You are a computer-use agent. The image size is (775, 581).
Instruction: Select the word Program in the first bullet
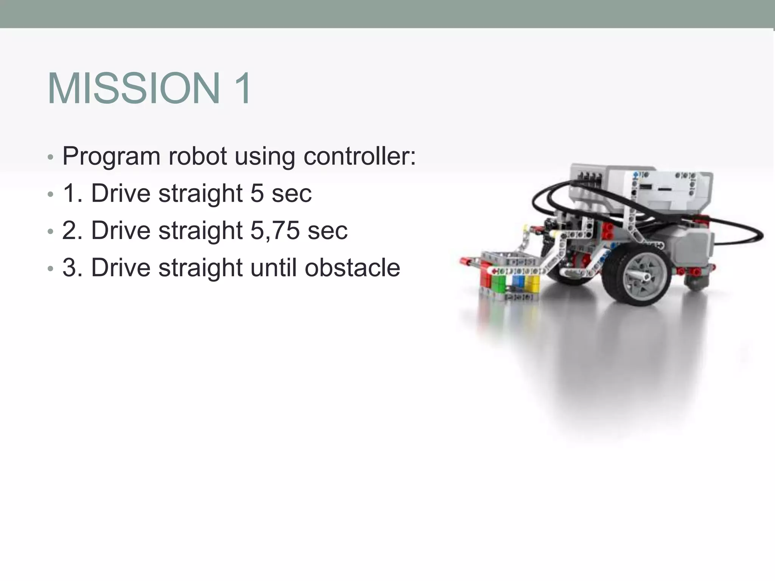click(x=111, y=157)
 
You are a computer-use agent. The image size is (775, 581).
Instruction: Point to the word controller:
click(x=359, y=156)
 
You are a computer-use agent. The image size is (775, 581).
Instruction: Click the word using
click(x=265, y=157)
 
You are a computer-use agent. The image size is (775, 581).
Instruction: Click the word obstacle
click(x=352, y=267)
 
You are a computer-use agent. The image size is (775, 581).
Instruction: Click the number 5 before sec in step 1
click(x=257, y=193)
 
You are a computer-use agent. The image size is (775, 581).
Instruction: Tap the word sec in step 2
click(x=327, y=230)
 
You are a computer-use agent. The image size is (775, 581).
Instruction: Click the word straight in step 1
click(x=201, y=193)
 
